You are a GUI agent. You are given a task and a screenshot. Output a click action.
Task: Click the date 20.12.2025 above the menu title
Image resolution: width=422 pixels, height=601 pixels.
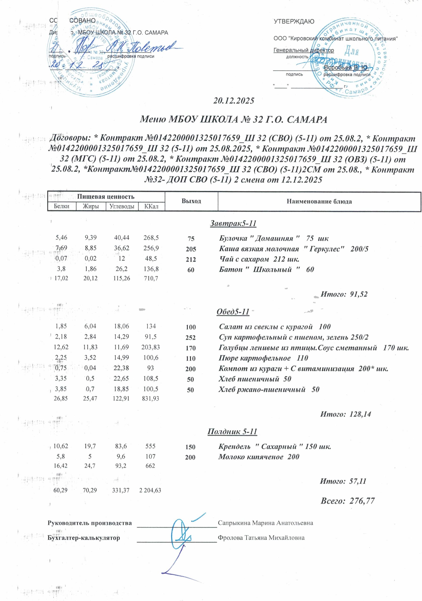tap(233, 101)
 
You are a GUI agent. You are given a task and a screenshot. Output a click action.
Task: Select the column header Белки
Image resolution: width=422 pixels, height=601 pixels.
tap(62, 206)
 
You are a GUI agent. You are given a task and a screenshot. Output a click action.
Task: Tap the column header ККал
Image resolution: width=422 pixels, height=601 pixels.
tap(151, 206)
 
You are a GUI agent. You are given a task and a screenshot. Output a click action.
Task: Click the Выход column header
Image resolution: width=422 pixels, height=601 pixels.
tap(191, 201)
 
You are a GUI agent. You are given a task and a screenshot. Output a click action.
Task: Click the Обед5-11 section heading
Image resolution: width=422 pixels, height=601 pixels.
tap(233, 312)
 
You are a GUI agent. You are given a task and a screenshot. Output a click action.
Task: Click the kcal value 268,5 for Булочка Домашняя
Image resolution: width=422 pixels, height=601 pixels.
tap(151, 238)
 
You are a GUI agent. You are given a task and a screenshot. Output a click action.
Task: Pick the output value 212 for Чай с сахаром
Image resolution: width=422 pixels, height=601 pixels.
tap(191, 259)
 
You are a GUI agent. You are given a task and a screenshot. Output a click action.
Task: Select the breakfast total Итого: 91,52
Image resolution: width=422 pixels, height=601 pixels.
tap(344, 294)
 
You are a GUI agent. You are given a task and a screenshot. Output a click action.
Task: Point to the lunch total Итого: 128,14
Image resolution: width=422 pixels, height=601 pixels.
tap(345, 414)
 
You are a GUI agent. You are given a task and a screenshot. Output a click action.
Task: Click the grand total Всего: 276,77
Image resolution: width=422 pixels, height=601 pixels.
tap(347, 501)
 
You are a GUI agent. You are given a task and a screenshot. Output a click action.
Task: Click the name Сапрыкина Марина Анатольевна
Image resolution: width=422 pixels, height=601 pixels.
tap(265, 523)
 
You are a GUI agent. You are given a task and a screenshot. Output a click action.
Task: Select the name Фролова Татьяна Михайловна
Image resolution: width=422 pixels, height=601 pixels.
tap(261, 538)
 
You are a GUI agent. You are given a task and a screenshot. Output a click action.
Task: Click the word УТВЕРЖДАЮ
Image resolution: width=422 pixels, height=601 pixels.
tap(294, 21)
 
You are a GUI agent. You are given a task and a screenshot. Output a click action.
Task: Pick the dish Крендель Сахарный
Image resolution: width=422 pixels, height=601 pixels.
tap(275, 447)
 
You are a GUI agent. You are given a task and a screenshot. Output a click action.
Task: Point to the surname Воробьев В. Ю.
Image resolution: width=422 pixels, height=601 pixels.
tap(345, 68)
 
